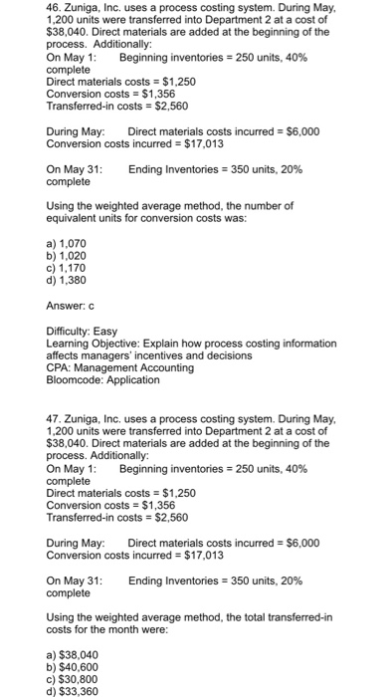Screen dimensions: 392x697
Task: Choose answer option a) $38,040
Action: point(73,654)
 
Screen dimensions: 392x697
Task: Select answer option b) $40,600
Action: point(73,666)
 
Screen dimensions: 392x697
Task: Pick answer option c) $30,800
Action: point(73,679)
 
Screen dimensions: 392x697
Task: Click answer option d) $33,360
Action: point(73,691)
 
